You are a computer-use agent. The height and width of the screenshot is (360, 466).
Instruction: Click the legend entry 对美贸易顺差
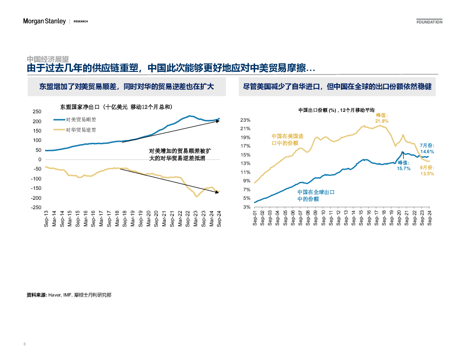point(81,120)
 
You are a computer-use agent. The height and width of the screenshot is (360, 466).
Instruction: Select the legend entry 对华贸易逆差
point(81,129)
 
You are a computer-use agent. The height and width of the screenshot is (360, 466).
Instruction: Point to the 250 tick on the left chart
point(37,112)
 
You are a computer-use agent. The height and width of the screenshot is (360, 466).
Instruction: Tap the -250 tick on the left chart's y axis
point(36,207)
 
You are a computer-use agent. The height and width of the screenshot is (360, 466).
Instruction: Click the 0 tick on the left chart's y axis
point(39,159)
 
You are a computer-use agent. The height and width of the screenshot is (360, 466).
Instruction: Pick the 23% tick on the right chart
point(245,120)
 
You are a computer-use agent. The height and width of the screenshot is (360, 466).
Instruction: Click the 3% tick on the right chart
point(247,207)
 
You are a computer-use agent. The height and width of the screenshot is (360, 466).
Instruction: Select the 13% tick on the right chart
point(245,164)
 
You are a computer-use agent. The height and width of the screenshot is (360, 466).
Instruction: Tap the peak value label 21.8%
point(382,121)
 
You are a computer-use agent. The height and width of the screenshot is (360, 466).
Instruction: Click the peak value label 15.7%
point(404,168)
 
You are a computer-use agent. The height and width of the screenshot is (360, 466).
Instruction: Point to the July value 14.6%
point(427,152)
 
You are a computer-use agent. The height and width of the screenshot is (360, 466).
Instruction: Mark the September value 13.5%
point(427,174)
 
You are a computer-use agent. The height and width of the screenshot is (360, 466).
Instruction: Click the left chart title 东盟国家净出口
point(112,106)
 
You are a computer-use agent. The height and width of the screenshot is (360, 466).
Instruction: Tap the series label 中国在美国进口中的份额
point(287,140)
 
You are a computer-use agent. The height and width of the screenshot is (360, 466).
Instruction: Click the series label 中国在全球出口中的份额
point(316,196)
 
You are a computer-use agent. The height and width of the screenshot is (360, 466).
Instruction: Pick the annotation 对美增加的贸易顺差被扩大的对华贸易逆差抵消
point(180,155)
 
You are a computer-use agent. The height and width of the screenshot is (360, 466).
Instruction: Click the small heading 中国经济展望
point(48,59)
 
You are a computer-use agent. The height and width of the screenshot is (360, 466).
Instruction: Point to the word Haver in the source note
point(55,295)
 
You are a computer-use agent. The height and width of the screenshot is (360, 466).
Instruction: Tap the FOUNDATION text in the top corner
point(429,22)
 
